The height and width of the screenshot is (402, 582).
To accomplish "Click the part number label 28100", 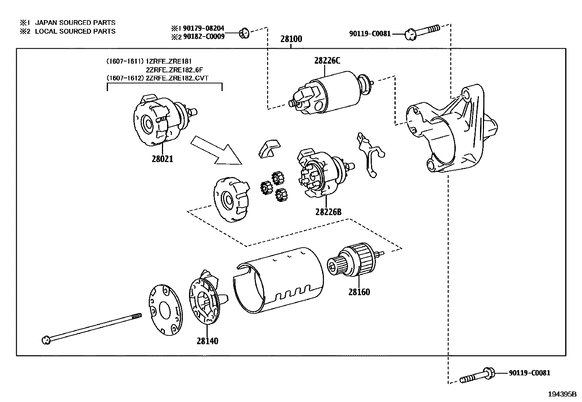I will tap(291, 39).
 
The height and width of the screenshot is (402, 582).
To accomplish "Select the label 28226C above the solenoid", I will tap(327, 61).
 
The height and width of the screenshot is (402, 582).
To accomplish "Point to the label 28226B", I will tap(328, 212).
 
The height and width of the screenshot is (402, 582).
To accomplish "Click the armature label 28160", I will tap(359, 292).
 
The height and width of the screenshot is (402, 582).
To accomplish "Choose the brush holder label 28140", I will tap(207, 341).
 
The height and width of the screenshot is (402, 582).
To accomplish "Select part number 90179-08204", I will tap(203, 28).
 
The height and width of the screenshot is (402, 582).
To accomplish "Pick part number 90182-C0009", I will tap(204, 36).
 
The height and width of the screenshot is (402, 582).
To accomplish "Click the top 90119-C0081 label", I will tap(370, 34).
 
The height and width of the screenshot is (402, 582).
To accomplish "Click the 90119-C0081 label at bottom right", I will tap(529, 373).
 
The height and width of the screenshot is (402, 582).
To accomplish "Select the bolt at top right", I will tap(422, 32).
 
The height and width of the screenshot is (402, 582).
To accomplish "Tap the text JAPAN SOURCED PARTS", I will tap(75, 23).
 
